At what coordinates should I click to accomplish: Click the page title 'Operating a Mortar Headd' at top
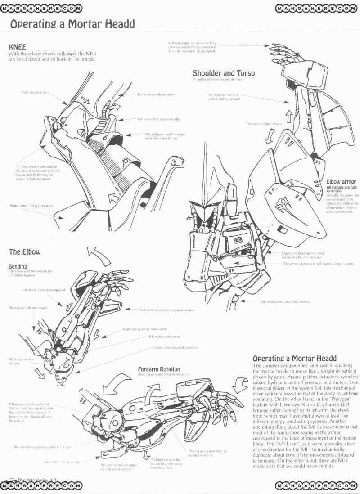tap(72, 24)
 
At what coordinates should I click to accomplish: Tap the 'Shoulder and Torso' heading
tap(224, 73)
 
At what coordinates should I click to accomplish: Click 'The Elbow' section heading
tap(25, 251)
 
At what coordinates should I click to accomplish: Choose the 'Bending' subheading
tap(18, 266)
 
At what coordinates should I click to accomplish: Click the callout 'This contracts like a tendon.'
tap(156, 94)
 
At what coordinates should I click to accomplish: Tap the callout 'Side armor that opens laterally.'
tap(158, 119)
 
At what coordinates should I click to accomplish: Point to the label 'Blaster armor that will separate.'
tap(31, 205)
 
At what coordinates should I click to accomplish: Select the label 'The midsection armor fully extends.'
tap(286, 301)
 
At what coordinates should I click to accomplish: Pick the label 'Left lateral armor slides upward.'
tap(44, 290)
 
